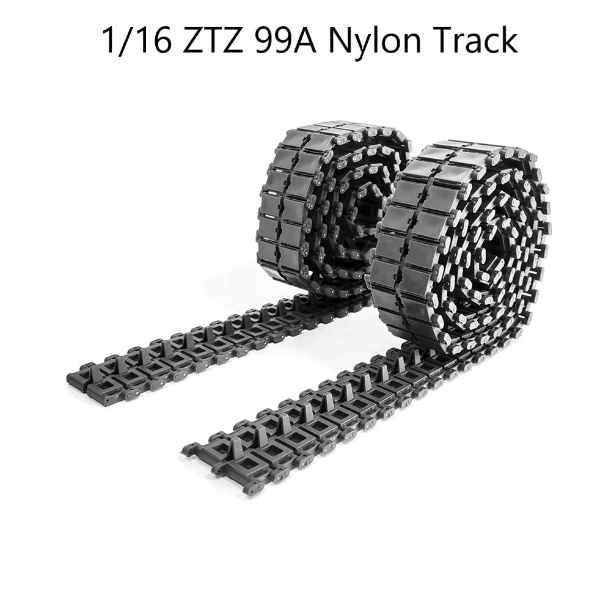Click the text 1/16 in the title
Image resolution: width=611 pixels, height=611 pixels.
pyautogui.click(x=136, y=40)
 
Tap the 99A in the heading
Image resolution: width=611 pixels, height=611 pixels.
pyautogui.click(x=287, y=40)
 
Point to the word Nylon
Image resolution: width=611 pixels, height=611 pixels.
pyautogui.click(x=375, y=43)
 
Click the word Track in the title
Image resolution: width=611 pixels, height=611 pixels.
pyautogui.click(x=474, y=40)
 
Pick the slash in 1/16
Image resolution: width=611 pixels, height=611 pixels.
pyautogui.click(x=126, y=40)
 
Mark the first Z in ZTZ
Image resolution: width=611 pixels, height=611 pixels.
pyautogui.click(x=192, y=40)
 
